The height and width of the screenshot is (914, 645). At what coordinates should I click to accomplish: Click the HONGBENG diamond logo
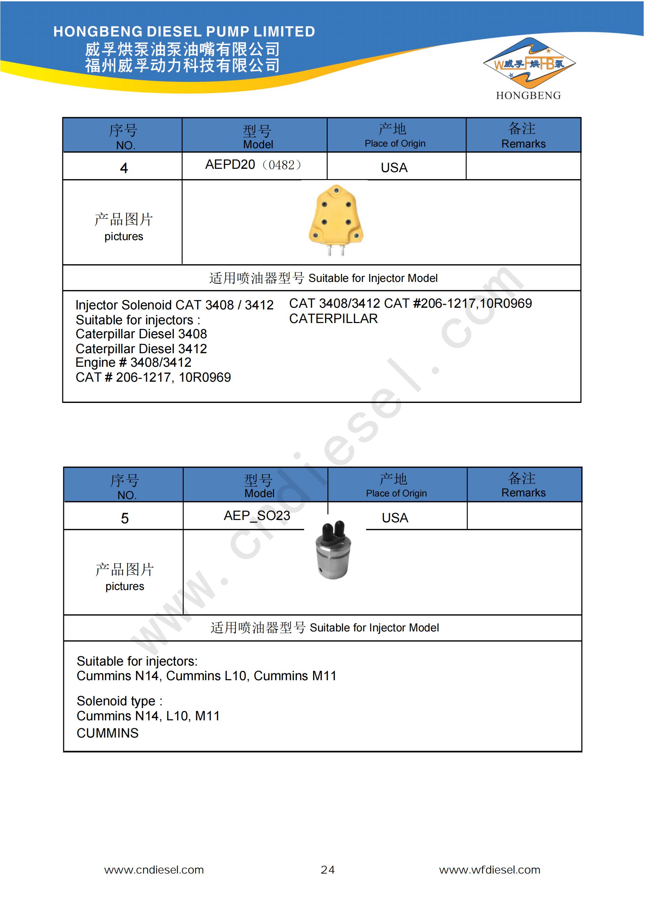(529, 64)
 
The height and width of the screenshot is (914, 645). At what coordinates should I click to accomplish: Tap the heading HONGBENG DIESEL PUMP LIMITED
(184, 32)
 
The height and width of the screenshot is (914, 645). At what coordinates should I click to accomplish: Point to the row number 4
(124, 168)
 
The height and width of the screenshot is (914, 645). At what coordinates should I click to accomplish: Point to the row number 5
(125, 518)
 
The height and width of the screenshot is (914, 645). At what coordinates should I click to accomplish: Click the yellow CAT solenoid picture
(336, 219)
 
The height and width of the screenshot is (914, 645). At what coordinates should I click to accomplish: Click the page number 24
(327, 870)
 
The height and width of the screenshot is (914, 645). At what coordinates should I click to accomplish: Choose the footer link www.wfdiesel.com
(489, 870)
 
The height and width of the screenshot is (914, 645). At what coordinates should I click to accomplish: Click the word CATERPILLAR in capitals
(333, 318)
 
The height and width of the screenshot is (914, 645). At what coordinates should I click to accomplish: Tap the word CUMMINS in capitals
(107, 733)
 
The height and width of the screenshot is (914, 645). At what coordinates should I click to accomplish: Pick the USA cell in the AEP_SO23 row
(395, 518)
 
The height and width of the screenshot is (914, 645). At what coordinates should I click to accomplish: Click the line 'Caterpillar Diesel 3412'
(141, 349)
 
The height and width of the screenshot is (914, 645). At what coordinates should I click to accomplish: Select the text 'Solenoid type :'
(119, 701)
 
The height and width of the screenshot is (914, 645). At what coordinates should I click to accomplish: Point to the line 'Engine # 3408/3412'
(133, 363)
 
